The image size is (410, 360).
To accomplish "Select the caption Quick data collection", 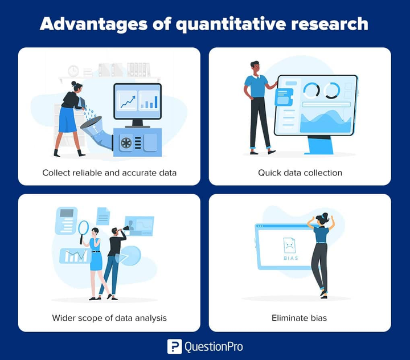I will click(300, 173).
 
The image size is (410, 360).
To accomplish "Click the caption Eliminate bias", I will click(300, 318).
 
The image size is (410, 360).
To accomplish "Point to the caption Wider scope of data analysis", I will click(109, 318).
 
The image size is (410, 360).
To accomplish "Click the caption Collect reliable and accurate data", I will click(109, 173).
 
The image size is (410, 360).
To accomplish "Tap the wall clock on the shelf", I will click(73, 71).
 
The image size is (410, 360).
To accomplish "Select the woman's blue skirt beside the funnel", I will click(68, 119).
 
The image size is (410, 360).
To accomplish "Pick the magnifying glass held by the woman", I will click(84, 228).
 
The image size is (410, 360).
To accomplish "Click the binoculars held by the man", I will click(124, 230).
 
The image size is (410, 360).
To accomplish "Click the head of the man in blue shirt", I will click(255, 67).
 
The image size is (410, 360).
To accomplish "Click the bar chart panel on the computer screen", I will click(149, 100).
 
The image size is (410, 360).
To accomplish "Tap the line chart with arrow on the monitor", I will click(126, 101).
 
